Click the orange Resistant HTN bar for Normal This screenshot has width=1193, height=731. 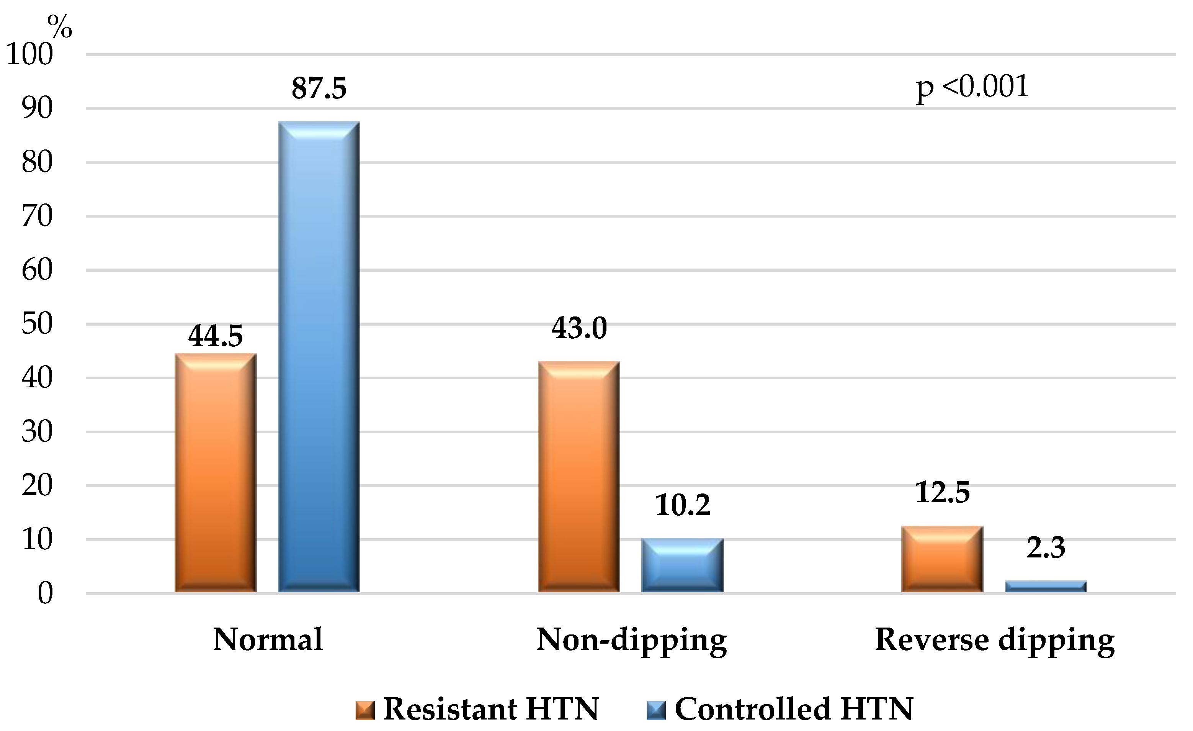pyautogui.click(x=216, y=473)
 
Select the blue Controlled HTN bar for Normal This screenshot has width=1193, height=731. pyautogui.click(x=319, y=357)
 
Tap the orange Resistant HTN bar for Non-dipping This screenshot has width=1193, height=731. pyautogui.click(x=579, y=477)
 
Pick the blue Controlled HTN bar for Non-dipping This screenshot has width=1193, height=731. pyautogui.click(x=683, y=565)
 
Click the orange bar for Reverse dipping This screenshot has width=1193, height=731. pyautogui.click(x=942, y=559)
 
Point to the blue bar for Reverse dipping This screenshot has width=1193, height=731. pyautogui.click(x=1046, y=587)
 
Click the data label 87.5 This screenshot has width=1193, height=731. pyautogui.click(x=319, y=88)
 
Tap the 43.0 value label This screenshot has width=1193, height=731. pyautogui.click(x=579, y=328)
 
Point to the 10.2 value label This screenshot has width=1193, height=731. pyautogui.click(x=683, y=505)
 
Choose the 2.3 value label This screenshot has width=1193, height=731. pyautogui.click(x=1046, y=548)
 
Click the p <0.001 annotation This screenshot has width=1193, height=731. pyautogui.click(x=972, y=87)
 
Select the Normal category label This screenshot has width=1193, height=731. pyautogui.click(x=268, y=640)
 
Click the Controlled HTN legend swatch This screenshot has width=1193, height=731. pyautogui.click(x=656, y=711)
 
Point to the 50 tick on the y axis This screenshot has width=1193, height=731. pyautogui.click(x=37, y=324)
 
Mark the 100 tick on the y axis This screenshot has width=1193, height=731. pyautogui.click(x=29, y=54)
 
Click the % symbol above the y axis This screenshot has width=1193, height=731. pyautogui.click(x=60, y=27)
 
